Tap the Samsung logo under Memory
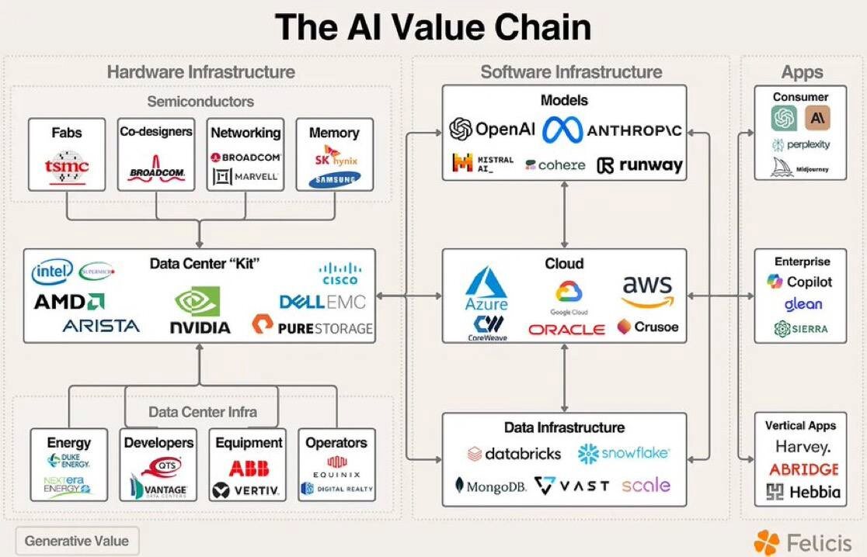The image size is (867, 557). (x=334, y=181)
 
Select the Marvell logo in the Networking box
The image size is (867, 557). (x=246, y=177)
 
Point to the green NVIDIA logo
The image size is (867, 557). (x=200, y=310)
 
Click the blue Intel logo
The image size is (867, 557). (x=53, y=272)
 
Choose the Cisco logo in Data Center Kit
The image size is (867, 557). (x=340, y=274)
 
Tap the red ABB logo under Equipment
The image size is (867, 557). (x=249, y=469)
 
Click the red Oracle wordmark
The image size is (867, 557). (x=566, y=329)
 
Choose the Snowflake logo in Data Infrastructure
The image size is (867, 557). (x=623, y=453)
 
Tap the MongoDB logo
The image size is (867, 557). (x=491, y=486)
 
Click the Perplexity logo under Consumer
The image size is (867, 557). (x=801, y=145)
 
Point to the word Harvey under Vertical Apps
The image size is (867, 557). (x=803, y=447)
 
